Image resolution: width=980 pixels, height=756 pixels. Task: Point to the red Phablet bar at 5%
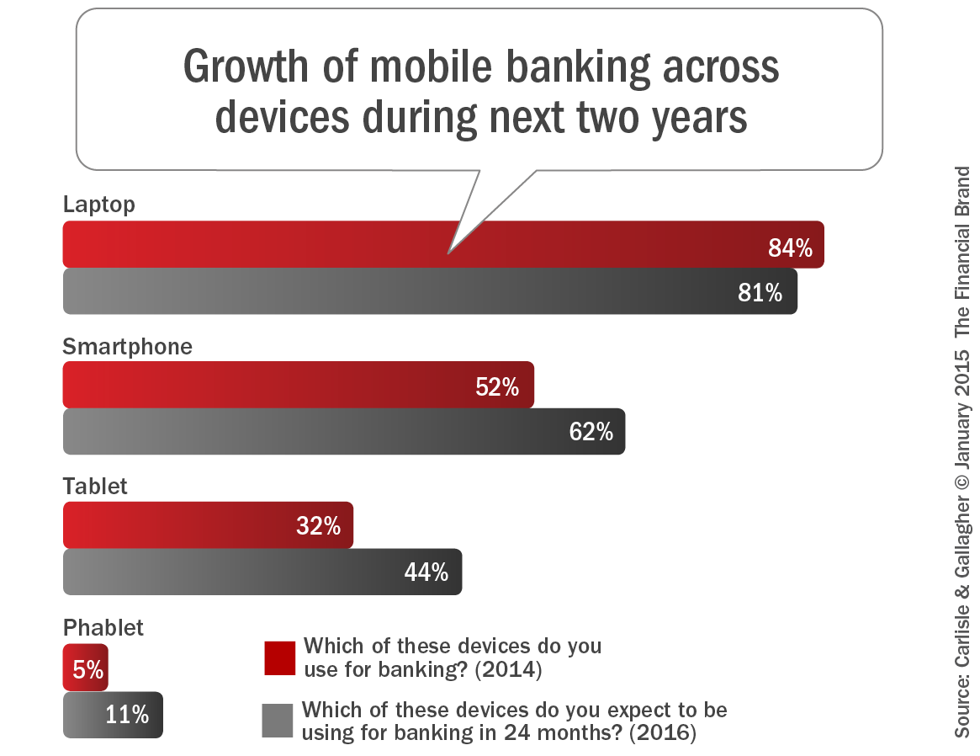(85, 668)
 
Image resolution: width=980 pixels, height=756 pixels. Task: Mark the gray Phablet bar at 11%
(113, 715)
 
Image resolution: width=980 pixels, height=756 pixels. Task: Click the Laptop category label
(98, 205)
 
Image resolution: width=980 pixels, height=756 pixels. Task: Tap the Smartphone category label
(127, 346)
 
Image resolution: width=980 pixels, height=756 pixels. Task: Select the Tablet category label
(95, 487)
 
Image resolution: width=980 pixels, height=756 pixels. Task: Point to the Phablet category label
(103, 627)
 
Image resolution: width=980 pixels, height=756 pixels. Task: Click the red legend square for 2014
(279, 658)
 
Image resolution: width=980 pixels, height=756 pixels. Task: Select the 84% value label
(790, 248)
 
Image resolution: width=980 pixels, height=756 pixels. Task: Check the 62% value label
(591, 432)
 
